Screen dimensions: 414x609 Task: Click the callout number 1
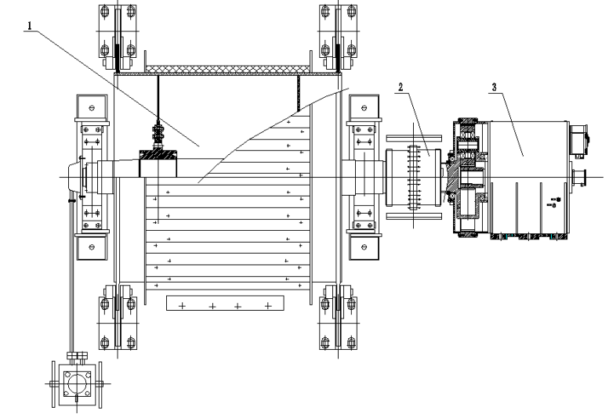30,25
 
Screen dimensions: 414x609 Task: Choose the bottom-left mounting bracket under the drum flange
111,321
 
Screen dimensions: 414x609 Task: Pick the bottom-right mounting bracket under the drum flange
335,321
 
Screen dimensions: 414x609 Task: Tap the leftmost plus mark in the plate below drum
183,306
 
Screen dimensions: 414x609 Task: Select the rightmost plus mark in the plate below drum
269,306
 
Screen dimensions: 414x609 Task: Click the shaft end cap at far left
76,177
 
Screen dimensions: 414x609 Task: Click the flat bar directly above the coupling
413,135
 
